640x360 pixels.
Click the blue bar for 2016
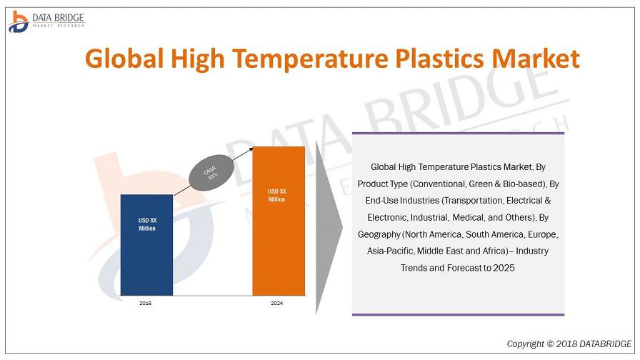[x=146, y=245]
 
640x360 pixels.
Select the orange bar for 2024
[x=279, y=221]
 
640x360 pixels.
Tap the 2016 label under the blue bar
[x=145, y=304]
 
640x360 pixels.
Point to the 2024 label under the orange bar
[x=276, y=304]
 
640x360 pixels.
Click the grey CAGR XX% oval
[x=211, y=173]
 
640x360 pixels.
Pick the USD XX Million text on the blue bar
[x=147, y=224]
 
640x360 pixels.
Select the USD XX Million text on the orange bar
[x=276, y=195]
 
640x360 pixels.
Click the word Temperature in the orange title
[x=310, y=59]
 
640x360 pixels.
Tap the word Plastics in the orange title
[x=440, y=59]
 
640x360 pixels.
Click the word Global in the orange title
[x=124, y=59]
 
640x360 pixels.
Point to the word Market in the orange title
[x=536, y=59]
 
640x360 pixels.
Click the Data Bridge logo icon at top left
[x=19, y=21]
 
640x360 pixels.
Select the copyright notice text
[x=569, y=344]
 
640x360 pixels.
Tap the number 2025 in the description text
[x=504, y=268]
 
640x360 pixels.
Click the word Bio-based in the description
[x=524, y=184]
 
